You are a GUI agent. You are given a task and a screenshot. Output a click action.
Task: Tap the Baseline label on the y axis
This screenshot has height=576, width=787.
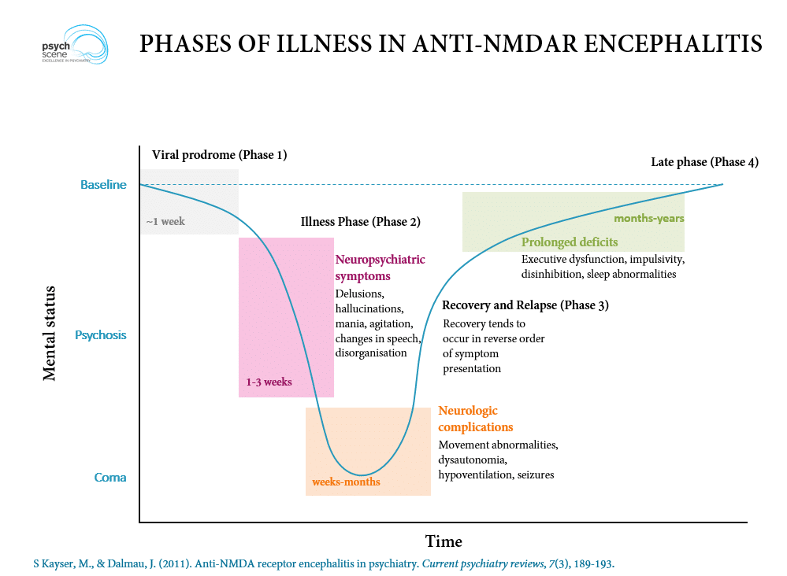[x=103, y=185]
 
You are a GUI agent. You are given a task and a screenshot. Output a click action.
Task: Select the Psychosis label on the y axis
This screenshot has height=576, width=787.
[x=100, y=335]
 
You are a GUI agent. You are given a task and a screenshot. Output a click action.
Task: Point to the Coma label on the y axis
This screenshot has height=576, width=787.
[x=110, y=478]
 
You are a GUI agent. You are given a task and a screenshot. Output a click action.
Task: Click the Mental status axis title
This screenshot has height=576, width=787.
[x=50, y=323]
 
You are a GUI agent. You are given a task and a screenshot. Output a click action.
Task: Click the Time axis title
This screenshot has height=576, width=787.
[x=444, y=541]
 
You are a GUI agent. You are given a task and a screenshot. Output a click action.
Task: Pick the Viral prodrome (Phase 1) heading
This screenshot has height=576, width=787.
[x=219, y=154]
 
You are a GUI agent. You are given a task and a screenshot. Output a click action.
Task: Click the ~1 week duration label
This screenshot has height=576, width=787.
[x=165, y=221]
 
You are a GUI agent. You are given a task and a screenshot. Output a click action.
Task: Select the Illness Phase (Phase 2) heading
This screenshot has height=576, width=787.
[x=360, y=221]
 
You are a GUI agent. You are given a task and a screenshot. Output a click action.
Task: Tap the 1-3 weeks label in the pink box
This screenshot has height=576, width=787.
[x=269, y=382]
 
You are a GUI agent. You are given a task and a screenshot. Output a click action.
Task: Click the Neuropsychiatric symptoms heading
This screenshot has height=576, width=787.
[x=380, y=267]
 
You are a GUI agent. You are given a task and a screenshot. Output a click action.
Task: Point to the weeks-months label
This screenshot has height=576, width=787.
[x=346, y=482]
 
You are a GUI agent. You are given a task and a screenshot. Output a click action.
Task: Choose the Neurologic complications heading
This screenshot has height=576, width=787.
[x=475, y=419]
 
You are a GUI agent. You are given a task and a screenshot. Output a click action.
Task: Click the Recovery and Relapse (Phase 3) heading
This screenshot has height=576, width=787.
[x=525, y=305]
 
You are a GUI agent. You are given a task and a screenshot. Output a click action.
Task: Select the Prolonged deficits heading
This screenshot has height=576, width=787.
[x=569, y=242]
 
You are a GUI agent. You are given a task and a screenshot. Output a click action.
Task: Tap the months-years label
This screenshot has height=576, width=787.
[x=648, y=218]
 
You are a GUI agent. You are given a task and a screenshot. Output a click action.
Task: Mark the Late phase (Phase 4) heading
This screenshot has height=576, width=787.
[x=704, y=162]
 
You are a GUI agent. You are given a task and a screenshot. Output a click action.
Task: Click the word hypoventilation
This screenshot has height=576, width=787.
[x=476, y=474]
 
